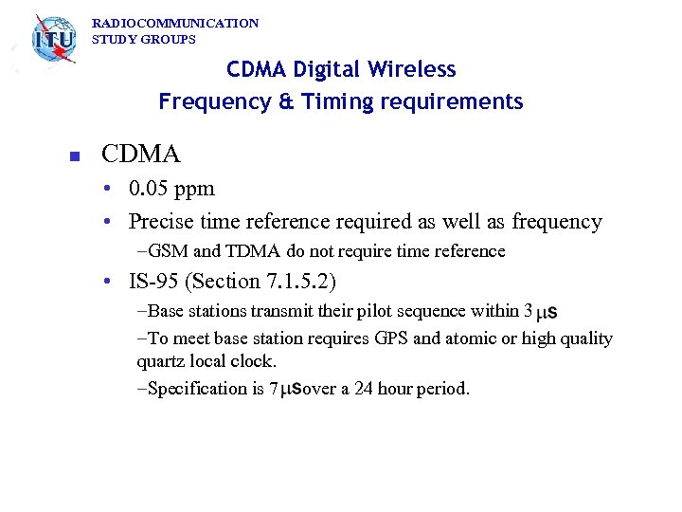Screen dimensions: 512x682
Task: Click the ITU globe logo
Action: pos(53,41)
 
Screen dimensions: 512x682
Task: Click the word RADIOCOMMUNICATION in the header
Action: pos(174,23)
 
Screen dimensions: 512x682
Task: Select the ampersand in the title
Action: pos(265,101)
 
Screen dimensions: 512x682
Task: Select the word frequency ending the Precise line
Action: pos(557,222)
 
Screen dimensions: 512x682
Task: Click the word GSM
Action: pos(169,252)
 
